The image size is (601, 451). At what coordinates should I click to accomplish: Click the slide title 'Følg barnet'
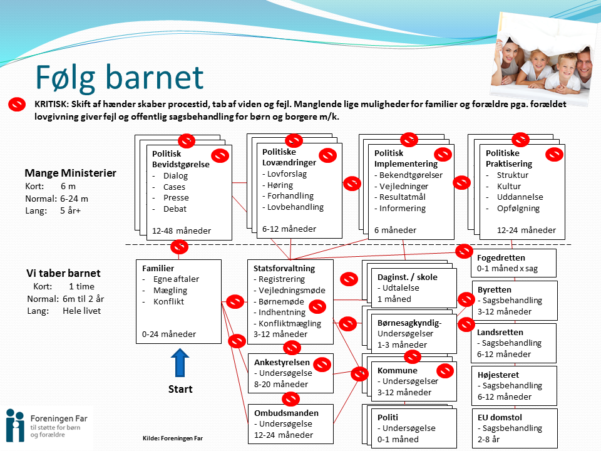point(119,78)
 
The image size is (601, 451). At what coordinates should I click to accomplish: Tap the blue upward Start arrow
point(180,363)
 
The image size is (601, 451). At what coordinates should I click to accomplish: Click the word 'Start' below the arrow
point(180,389)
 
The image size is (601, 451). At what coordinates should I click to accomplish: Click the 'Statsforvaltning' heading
point(284,268)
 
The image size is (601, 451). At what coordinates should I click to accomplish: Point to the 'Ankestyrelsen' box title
point(282,362)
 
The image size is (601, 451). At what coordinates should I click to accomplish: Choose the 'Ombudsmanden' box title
point(286,413)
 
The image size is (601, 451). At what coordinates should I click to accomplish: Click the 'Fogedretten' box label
point(501,257)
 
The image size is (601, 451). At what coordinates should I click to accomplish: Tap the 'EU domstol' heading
point(500,417)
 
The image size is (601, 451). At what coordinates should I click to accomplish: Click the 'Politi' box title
point(388,417)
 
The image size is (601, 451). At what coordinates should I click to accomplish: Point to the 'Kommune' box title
point(397,370)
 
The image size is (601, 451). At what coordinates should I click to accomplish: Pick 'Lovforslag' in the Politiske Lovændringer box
point(287,174)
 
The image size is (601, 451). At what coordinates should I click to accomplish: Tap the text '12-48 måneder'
point(182,231)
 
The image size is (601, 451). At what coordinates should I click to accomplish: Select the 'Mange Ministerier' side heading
point(70,173)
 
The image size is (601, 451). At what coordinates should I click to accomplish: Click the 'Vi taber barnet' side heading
point(63,273)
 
